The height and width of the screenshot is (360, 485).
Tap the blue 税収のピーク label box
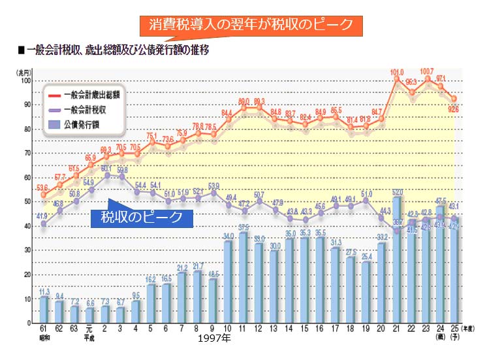[142, 217]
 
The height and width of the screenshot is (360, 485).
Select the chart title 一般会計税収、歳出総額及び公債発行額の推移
[118, 50]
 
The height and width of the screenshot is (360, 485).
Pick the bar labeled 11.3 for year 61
[44, 309]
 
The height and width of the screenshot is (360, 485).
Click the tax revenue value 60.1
[106, 168]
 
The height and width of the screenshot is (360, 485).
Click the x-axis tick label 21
[396, 329]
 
